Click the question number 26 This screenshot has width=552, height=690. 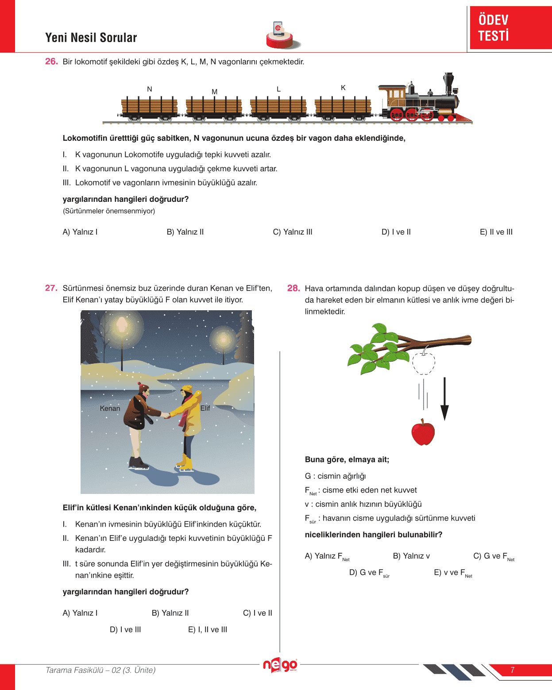51,62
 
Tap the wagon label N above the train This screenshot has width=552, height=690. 150,89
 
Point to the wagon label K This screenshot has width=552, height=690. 343,88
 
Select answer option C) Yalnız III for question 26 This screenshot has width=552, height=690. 293,232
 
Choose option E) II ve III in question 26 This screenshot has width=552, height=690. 496,232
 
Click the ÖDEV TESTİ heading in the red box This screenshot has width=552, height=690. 494,27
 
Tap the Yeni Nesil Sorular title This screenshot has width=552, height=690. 91,38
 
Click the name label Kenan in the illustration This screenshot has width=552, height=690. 110,409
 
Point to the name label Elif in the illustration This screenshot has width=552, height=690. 205,408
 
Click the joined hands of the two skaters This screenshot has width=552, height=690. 166,415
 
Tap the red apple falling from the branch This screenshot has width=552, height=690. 423,433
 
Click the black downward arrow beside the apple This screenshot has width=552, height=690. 444,399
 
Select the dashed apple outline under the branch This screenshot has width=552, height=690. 424,363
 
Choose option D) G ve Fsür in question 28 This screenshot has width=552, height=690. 369,573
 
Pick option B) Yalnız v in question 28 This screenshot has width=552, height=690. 411,556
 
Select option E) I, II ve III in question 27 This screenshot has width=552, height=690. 208,629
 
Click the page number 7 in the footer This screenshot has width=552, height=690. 513,670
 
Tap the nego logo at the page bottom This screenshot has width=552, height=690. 280,665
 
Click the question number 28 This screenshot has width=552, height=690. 293,288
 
